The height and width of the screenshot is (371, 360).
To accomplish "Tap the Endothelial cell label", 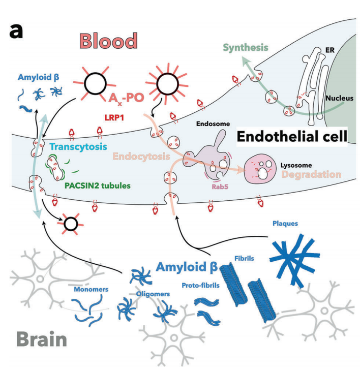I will pos(290,137).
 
